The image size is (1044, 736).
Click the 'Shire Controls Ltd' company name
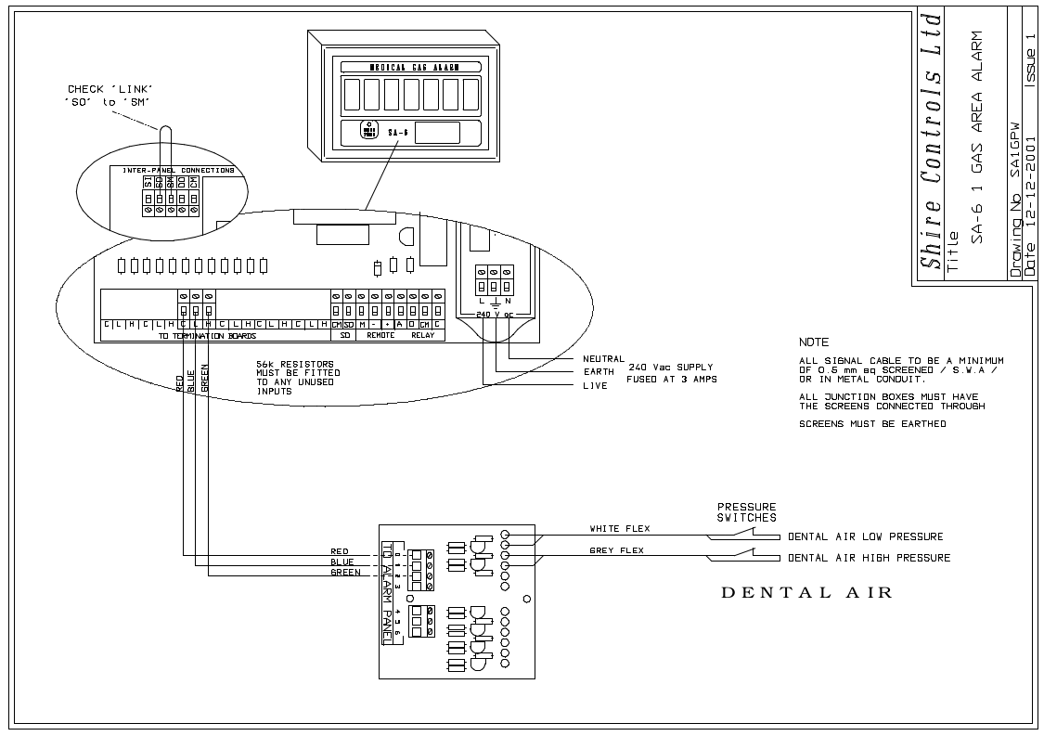[931, 144]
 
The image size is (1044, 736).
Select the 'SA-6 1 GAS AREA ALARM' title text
[976, 137]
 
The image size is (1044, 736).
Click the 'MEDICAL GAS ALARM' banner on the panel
[409, 67]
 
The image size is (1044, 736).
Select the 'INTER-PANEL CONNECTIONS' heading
[172, 170]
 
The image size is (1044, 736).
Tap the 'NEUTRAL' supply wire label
[603, 358]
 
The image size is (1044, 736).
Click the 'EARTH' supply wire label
[599, 372]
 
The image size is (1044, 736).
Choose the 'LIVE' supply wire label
[595, 385]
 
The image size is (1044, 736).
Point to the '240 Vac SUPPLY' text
[671, 367]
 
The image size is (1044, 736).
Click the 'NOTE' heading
[814, 342]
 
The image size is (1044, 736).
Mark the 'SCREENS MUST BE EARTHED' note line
[872, 424]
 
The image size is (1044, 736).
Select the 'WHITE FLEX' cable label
[620, 529]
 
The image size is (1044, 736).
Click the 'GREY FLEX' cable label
[617, 550]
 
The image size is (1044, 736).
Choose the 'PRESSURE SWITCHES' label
[746, 511]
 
